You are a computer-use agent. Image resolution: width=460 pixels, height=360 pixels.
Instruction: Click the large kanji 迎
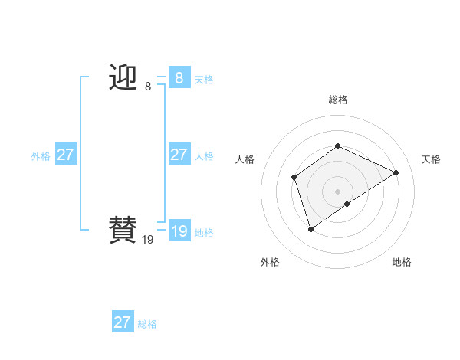(x=123, y=78)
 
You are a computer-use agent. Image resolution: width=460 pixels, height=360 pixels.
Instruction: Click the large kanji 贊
(x=123, y=231)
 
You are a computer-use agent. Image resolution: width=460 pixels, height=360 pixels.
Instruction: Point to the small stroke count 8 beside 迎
(x=148, y=87)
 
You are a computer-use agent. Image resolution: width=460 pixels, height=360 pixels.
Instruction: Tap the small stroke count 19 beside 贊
(x=148, y=240)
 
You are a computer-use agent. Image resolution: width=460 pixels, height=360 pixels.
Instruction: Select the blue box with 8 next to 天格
(x=179, y=78)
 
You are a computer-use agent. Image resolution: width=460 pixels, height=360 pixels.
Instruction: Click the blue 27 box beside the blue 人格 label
(x=179, y=155)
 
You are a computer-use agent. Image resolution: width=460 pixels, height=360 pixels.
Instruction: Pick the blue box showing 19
(x=179, y=231)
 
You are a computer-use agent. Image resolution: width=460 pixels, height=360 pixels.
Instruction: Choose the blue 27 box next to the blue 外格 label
(x=65, y=155)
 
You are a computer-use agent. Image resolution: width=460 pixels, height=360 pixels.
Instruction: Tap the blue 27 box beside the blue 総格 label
(x=122, y=322)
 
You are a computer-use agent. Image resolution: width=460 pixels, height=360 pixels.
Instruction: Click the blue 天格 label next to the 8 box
(x=204, y=80)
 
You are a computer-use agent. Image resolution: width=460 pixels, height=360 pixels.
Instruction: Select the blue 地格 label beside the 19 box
(x=204, y=233)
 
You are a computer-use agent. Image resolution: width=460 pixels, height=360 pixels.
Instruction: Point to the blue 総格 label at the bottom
(x=147, y=324)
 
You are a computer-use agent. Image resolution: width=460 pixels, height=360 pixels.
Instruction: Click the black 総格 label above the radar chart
(x=337, y=100)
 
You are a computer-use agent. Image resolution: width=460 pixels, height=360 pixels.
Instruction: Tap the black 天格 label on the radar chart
(x=431, y=159)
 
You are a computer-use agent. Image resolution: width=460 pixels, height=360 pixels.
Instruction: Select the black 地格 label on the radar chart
(x=402, y=262)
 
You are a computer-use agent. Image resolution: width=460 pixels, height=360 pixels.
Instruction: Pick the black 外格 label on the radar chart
(x=270, y=262)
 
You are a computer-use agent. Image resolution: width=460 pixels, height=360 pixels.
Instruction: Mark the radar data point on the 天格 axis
(x=396, y=172)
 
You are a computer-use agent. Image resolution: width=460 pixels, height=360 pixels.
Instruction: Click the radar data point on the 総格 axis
(x=337, y=146)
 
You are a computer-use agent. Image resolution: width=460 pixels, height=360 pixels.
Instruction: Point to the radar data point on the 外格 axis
(x=310, y=228)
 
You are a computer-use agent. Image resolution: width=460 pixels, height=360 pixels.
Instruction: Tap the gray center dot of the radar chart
(x=337, y=191)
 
